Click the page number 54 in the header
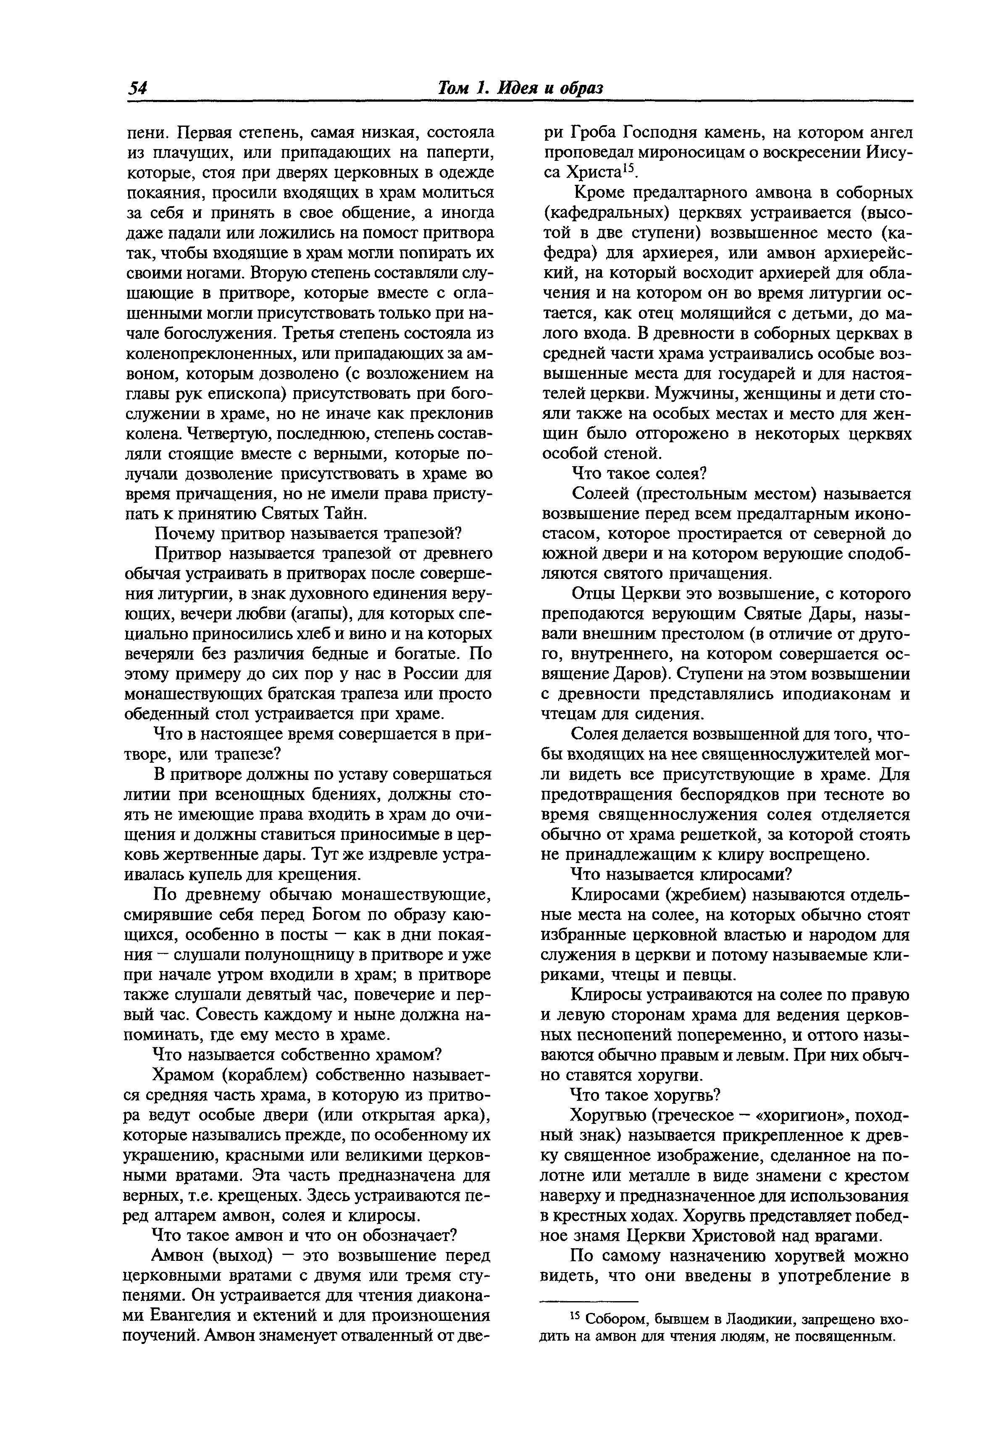click(x=137, y=88)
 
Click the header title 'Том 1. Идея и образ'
click(x=520, y=88)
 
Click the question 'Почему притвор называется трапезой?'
click(x=307, y=534)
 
